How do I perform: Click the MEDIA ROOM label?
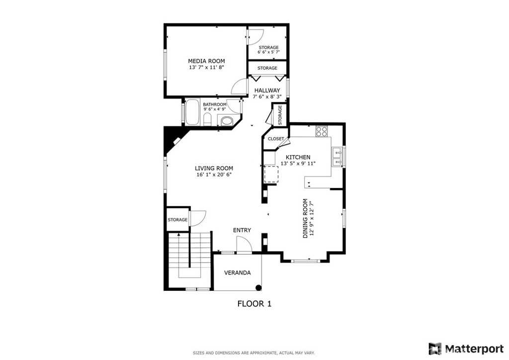(206, 61)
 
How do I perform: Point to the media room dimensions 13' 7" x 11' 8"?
(206, 67)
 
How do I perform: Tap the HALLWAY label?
(267, 90)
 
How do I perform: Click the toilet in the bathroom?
(208, 119)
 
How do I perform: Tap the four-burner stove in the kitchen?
(322, 132)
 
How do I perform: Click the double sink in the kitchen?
(338, 156)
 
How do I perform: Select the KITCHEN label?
(298, 157)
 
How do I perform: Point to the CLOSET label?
(276, 139)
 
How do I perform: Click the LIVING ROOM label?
(214, 168)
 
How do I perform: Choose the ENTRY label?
(242, 230)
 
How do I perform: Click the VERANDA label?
(237, 272)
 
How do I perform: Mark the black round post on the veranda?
(258, 287)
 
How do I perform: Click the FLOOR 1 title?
(254, 303)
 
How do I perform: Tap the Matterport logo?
(467, 348)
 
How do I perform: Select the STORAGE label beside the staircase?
(177, 220)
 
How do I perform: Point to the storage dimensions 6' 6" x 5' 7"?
(268, 52)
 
